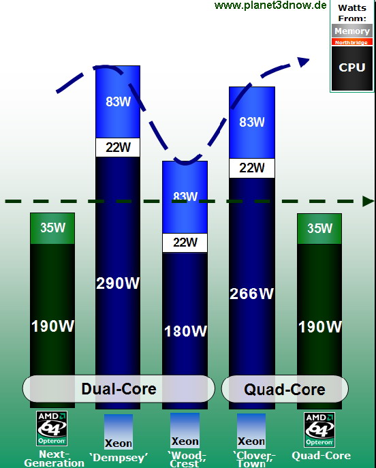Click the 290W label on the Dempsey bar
tap(118, 283)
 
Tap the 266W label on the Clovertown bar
tap(252, 294)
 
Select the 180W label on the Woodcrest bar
tap(185, 331)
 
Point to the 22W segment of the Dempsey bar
tap(118, 147)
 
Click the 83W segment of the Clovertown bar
tap(252, 123)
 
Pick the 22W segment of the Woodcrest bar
tap(185, 243)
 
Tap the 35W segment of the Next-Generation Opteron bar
tap(52, 228)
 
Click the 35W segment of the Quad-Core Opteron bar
tap(319, 229)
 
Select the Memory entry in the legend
tap(352, 31)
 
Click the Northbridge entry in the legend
tap(352, 42)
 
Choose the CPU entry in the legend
tap(352, 68)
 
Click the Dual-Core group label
tap(119, 389)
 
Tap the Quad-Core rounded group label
tap(285, 389)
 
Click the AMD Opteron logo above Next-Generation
tap(52, 428)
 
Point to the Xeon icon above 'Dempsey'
tap(118, 432)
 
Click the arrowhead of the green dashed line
tap(368, 201)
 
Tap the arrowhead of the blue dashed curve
tap(304, 61)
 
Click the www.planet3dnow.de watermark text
tap(270, 5)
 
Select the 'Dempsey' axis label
tap(119, 458)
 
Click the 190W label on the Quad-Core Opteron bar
tap(320, 327)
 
